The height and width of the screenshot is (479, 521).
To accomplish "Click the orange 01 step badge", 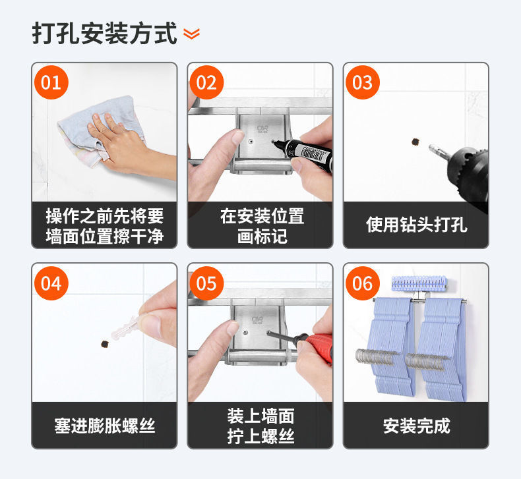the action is [51, 82].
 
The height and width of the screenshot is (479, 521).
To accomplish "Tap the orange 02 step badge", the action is [206, 82].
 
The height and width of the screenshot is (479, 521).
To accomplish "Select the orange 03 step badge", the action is [363, 82].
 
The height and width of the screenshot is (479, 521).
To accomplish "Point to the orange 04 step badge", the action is [51, 283].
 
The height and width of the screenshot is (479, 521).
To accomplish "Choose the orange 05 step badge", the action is [206, 283].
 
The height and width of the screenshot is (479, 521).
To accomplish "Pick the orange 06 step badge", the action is [363, 283].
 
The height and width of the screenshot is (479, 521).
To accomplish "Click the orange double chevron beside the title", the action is [192, 34].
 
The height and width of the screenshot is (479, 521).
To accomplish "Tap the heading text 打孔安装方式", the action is [104, 33].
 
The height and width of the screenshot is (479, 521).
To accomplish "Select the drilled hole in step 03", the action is [415, 142].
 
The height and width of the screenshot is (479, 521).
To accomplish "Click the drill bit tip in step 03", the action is [429, 147].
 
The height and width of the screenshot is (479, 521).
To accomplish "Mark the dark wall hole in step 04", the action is [106, 344].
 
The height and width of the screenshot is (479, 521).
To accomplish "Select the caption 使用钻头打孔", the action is [417, 225].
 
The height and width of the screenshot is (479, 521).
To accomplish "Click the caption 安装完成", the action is [417, 426].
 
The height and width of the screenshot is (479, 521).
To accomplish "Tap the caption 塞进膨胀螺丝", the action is [105, 426].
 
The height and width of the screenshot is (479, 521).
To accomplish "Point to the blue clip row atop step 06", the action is [419, 283].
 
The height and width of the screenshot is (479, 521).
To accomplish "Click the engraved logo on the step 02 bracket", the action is [262, 129].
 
